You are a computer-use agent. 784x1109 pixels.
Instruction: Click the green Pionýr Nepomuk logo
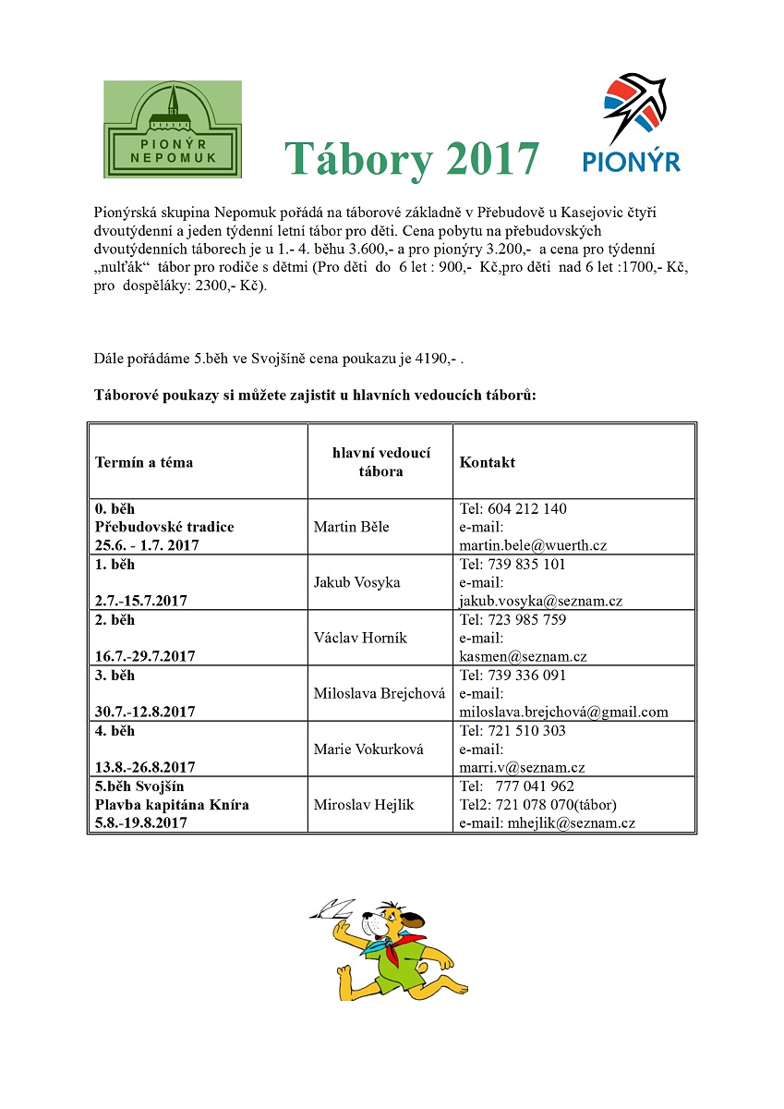(x=173, y=129)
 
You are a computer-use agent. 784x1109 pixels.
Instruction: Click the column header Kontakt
(x=488, y=462)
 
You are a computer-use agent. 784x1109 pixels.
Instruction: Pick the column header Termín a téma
(x=144, y=462)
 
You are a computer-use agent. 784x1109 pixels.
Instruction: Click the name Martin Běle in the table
(x=352, y=527)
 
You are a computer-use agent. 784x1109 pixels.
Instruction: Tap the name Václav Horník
(x=360, y=638)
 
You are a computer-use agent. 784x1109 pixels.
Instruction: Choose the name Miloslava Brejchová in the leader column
(x=380, y=693)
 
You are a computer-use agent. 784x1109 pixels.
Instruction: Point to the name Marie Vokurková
(x=368, y=749)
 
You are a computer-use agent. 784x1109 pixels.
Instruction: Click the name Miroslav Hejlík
(x=364, y=804)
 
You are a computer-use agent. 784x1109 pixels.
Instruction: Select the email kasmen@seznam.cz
(x=523, y=656)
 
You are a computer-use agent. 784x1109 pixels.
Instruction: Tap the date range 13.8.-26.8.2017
(x=146, y=767)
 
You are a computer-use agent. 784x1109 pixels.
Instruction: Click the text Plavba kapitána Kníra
(x=172, y=804)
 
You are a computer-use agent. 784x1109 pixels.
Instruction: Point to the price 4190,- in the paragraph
(x=431, y=358)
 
